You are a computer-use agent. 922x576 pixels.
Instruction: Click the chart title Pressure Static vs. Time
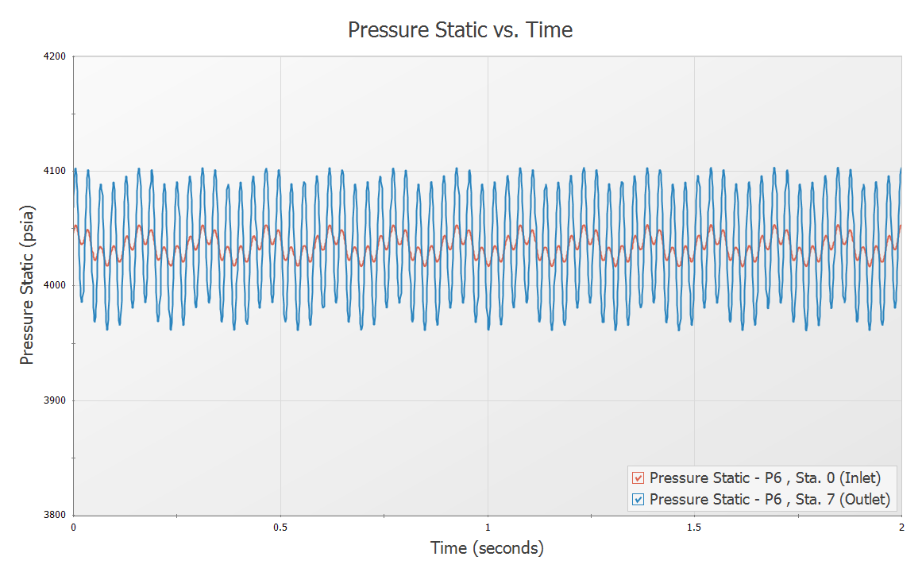(x=461, y=30)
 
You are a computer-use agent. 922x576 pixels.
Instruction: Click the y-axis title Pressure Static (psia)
(x=28, y=286)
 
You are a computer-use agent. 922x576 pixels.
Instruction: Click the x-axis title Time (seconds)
(x=487, y=548)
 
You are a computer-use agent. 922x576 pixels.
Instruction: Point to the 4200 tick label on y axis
(x=56, y=57)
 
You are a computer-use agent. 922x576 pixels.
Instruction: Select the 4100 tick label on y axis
(x=56, y=172)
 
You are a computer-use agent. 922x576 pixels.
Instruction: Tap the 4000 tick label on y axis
(x=56, y=286)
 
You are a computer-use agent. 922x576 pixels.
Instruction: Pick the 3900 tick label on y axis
(x=56, y=400)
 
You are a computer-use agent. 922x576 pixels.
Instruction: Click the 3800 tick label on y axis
(x=56, y=515)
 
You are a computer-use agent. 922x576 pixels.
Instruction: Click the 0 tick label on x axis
(x=74, y=527)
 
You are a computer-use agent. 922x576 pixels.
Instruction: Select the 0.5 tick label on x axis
(x=280, y=527)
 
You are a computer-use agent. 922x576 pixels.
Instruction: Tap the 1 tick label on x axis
(x=488, y=527)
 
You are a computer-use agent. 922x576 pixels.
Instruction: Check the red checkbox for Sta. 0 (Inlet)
(x=638, y=478)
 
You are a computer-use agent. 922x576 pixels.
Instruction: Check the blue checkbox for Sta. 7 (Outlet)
(x=638, y=500)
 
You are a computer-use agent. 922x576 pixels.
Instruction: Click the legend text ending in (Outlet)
(x=770, y=500)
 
